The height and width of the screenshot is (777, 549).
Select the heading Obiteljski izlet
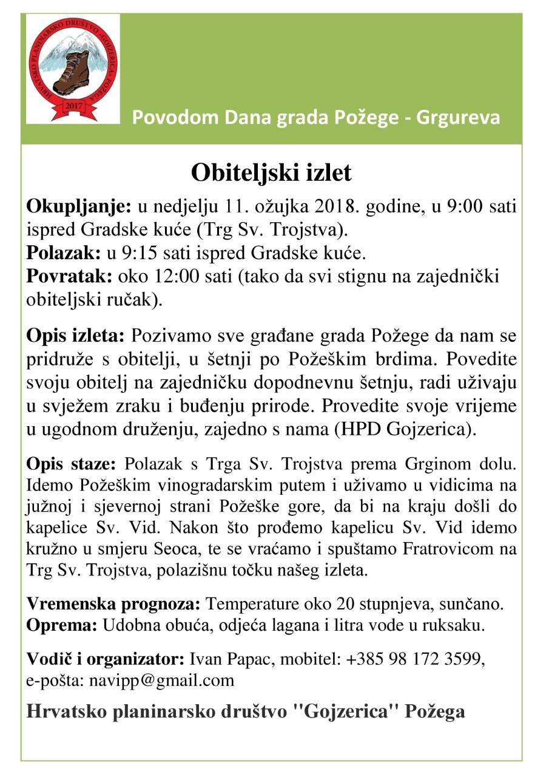pyautogui.click(x=271, y=173)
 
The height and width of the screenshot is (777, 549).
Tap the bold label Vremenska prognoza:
pyautogui.click(x=113, y=605)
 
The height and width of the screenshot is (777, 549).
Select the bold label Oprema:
pyautogui.click(x=61, y=625)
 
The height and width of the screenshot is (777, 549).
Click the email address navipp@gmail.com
pyautogui.click(x=161, y=680)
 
